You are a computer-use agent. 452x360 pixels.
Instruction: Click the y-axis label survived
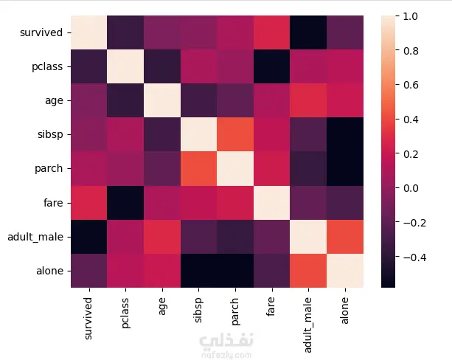[x=45, y=32]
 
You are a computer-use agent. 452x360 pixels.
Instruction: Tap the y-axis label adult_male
[x=38, y=237]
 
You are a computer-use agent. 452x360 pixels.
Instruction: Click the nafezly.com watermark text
[x=226, y=354]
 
